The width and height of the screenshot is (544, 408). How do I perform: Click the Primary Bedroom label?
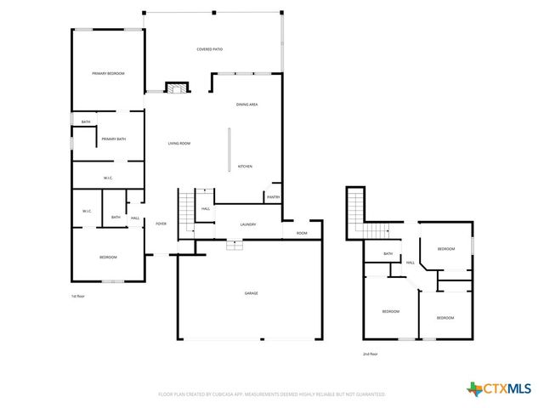tap(108, 74)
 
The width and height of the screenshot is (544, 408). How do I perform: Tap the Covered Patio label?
tap(210, 49)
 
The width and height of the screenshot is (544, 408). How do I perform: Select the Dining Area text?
tap(246, 104)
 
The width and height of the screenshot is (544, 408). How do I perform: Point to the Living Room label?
tap(178, 144)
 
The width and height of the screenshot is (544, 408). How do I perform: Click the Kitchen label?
tap(245, 166)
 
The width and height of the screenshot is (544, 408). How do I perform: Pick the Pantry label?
tap(273, 197)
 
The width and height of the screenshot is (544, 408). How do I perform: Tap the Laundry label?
tap(248, 224)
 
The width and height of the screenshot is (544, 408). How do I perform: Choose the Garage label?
tap(252, 293)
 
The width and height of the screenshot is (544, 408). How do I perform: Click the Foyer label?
tap(161, 224)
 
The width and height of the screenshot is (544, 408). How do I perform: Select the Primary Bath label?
tap(114, 139)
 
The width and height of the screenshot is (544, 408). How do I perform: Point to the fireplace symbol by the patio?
tap(176, 88)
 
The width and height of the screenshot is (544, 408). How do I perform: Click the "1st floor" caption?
tap(78, 296)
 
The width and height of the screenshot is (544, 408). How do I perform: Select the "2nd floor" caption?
tap(370, 354)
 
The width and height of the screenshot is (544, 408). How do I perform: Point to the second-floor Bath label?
tap(388, 253)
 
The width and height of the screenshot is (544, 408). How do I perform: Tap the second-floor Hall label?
tap(411, 263)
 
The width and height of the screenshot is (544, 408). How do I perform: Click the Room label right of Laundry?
tap(302, 233)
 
